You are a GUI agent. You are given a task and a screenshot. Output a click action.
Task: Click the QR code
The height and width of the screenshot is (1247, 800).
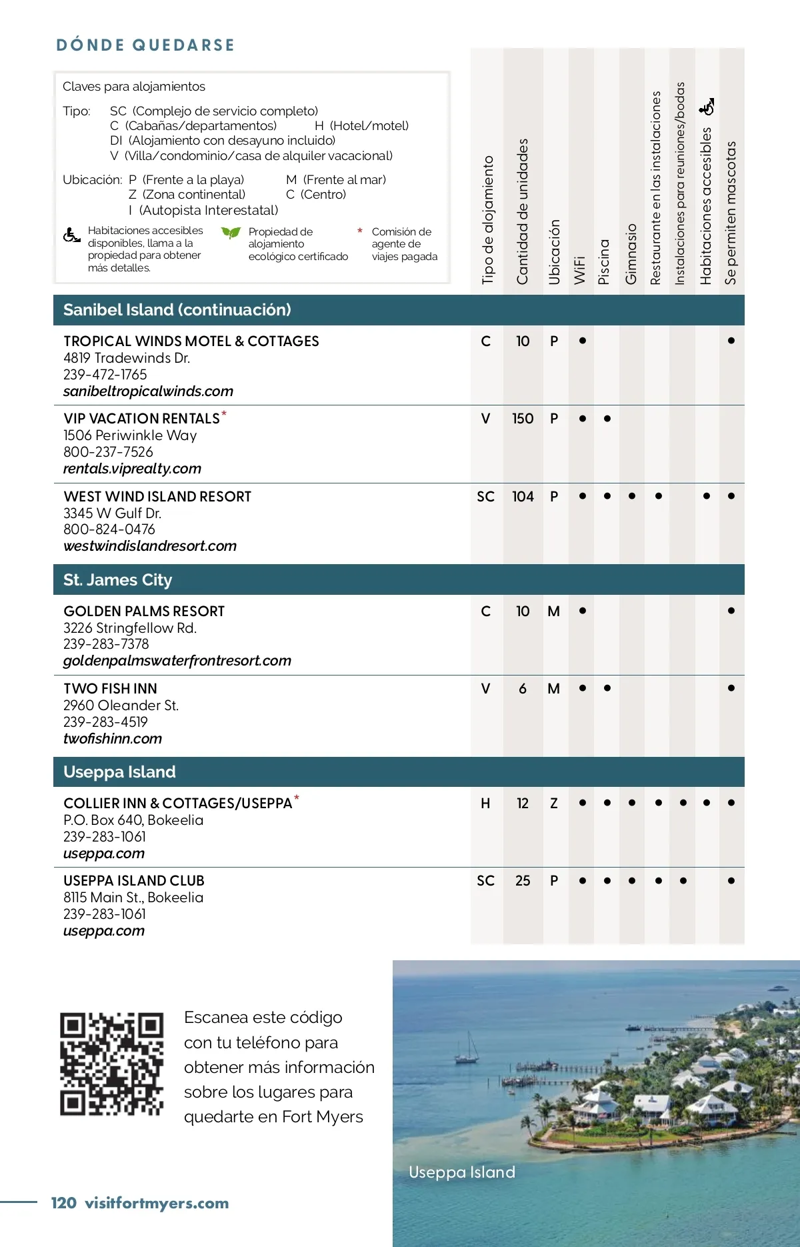111,1063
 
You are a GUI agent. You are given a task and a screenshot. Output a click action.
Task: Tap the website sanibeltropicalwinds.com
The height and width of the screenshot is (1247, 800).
148,391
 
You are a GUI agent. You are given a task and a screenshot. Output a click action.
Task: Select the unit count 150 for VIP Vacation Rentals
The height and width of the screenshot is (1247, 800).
523,419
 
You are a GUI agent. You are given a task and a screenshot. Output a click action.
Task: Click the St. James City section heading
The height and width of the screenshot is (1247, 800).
117,580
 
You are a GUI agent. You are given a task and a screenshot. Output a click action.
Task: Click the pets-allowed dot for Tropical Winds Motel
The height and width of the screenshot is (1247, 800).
731,341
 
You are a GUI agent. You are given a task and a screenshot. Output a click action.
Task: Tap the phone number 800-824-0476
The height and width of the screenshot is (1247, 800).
109,529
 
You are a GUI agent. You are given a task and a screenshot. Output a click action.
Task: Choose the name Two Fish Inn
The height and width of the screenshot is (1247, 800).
111,689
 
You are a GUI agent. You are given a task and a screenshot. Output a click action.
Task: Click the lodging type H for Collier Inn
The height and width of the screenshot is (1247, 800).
485,804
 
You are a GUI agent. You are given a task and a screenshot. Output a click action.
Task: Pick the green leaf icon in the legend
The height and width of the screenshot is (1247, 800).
231,233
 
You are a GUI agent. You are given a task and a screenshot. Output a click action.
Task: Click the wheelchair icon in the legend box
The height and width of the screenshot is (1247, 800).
71,235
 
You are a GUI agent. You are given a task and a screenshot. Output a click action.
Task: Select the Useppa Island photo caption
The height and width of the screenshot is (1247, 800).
462,1172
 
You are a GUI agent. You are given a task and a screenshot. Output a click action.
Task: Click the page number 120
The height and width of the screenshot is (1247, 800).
63,1203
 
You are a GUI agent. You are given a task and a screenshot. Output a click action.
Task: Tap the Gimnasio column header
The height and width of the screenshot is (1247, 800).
631,253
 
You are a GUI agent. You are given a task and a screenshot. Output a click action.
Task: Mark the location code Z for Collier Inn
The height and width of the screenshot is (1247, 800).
553,804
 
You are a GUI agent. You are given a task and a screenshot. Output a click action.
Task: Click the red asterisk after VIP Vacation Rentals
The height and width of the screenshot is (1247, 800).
224,414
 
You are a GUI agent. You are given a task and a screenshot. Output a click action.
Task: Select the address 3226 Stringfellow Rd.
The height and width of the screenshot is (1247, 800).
130,628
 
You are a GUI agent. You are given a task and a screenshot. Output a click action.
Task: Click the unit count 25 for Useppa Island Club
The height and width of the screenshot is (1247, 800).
523,881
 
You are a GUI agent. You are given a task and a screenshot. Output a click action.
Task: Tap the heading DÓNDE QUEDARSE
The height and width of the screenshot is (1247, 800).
145,45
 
